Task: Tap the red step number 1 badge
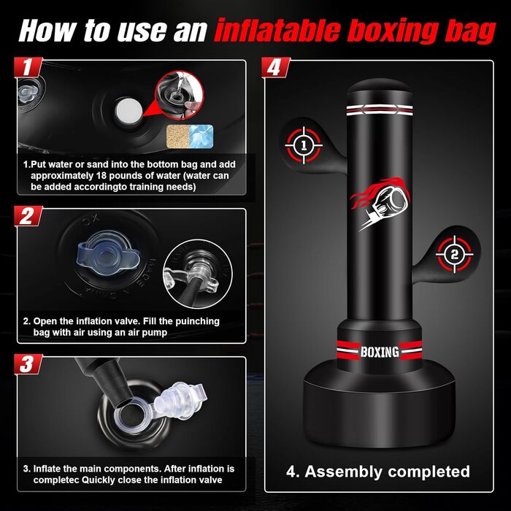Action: (28, 67)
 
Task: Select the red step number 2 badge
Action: (28, 216)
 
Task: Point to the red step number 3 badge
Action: (28, 364)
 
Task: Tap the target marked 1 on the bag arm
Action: (304, 145)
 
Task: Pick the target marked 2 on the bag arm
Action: (455, 254)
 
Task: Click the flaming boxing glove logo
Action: (380, 204)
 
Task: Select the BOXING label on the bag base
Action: (380, 352)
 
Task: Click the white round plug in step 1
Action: (128, 111)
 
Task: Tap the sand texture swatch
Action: (178, 136)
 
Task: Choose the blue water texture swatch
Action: (201, 136)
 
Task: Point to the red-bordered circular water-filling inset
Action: (180, 95)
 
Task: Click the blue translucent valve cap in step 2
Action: (108, 253)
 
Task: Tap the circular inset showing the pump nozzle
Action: (198, 274)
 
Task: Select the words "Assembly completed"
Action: (387, 472)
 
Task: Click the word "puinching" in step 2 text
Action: (197, 322)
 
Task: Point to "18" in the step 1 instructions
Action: (101, 176)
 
